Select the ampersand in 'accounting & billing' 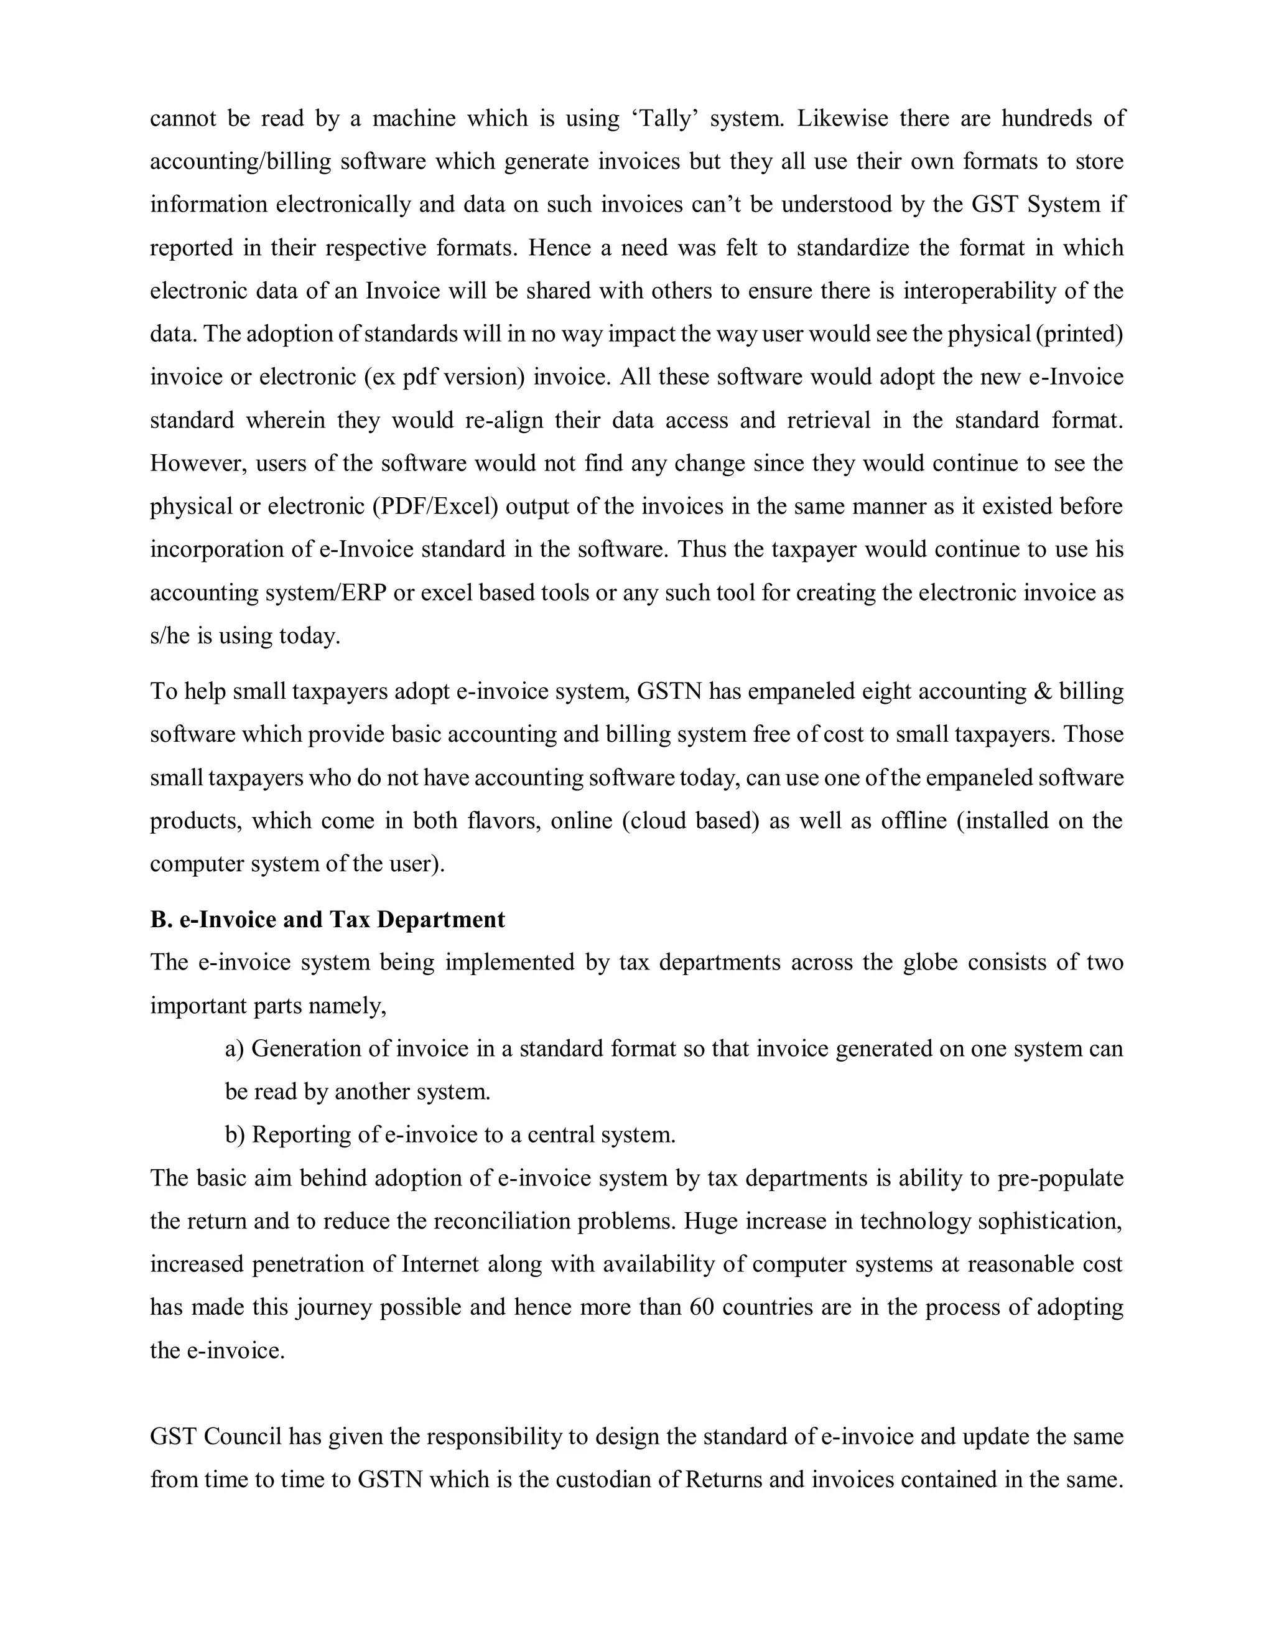(1041, 691)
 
